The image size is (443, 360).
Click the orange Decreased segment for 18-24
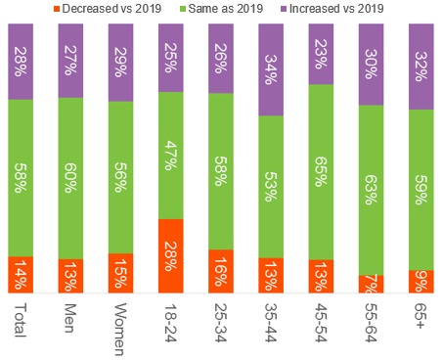click(171, 255)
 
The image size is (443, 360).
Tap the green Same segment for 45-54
click(322, 171)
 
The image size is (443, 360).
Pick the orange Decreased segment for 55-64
click(373, 284)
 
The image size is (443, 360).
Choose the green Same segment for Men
click(70, 178)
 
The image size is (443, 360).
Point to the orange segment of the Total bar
click(21, 275)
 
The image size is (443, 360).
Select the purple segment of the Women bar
click(121, 60)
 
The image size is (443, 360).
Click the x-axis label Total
click(21, 321)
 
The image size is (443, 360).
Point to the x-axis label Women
click(121, 328)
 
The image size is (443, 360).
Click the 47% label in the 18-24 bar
click(171, 157)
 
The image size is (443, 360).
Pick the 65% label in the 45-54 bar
click(322, 171)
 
